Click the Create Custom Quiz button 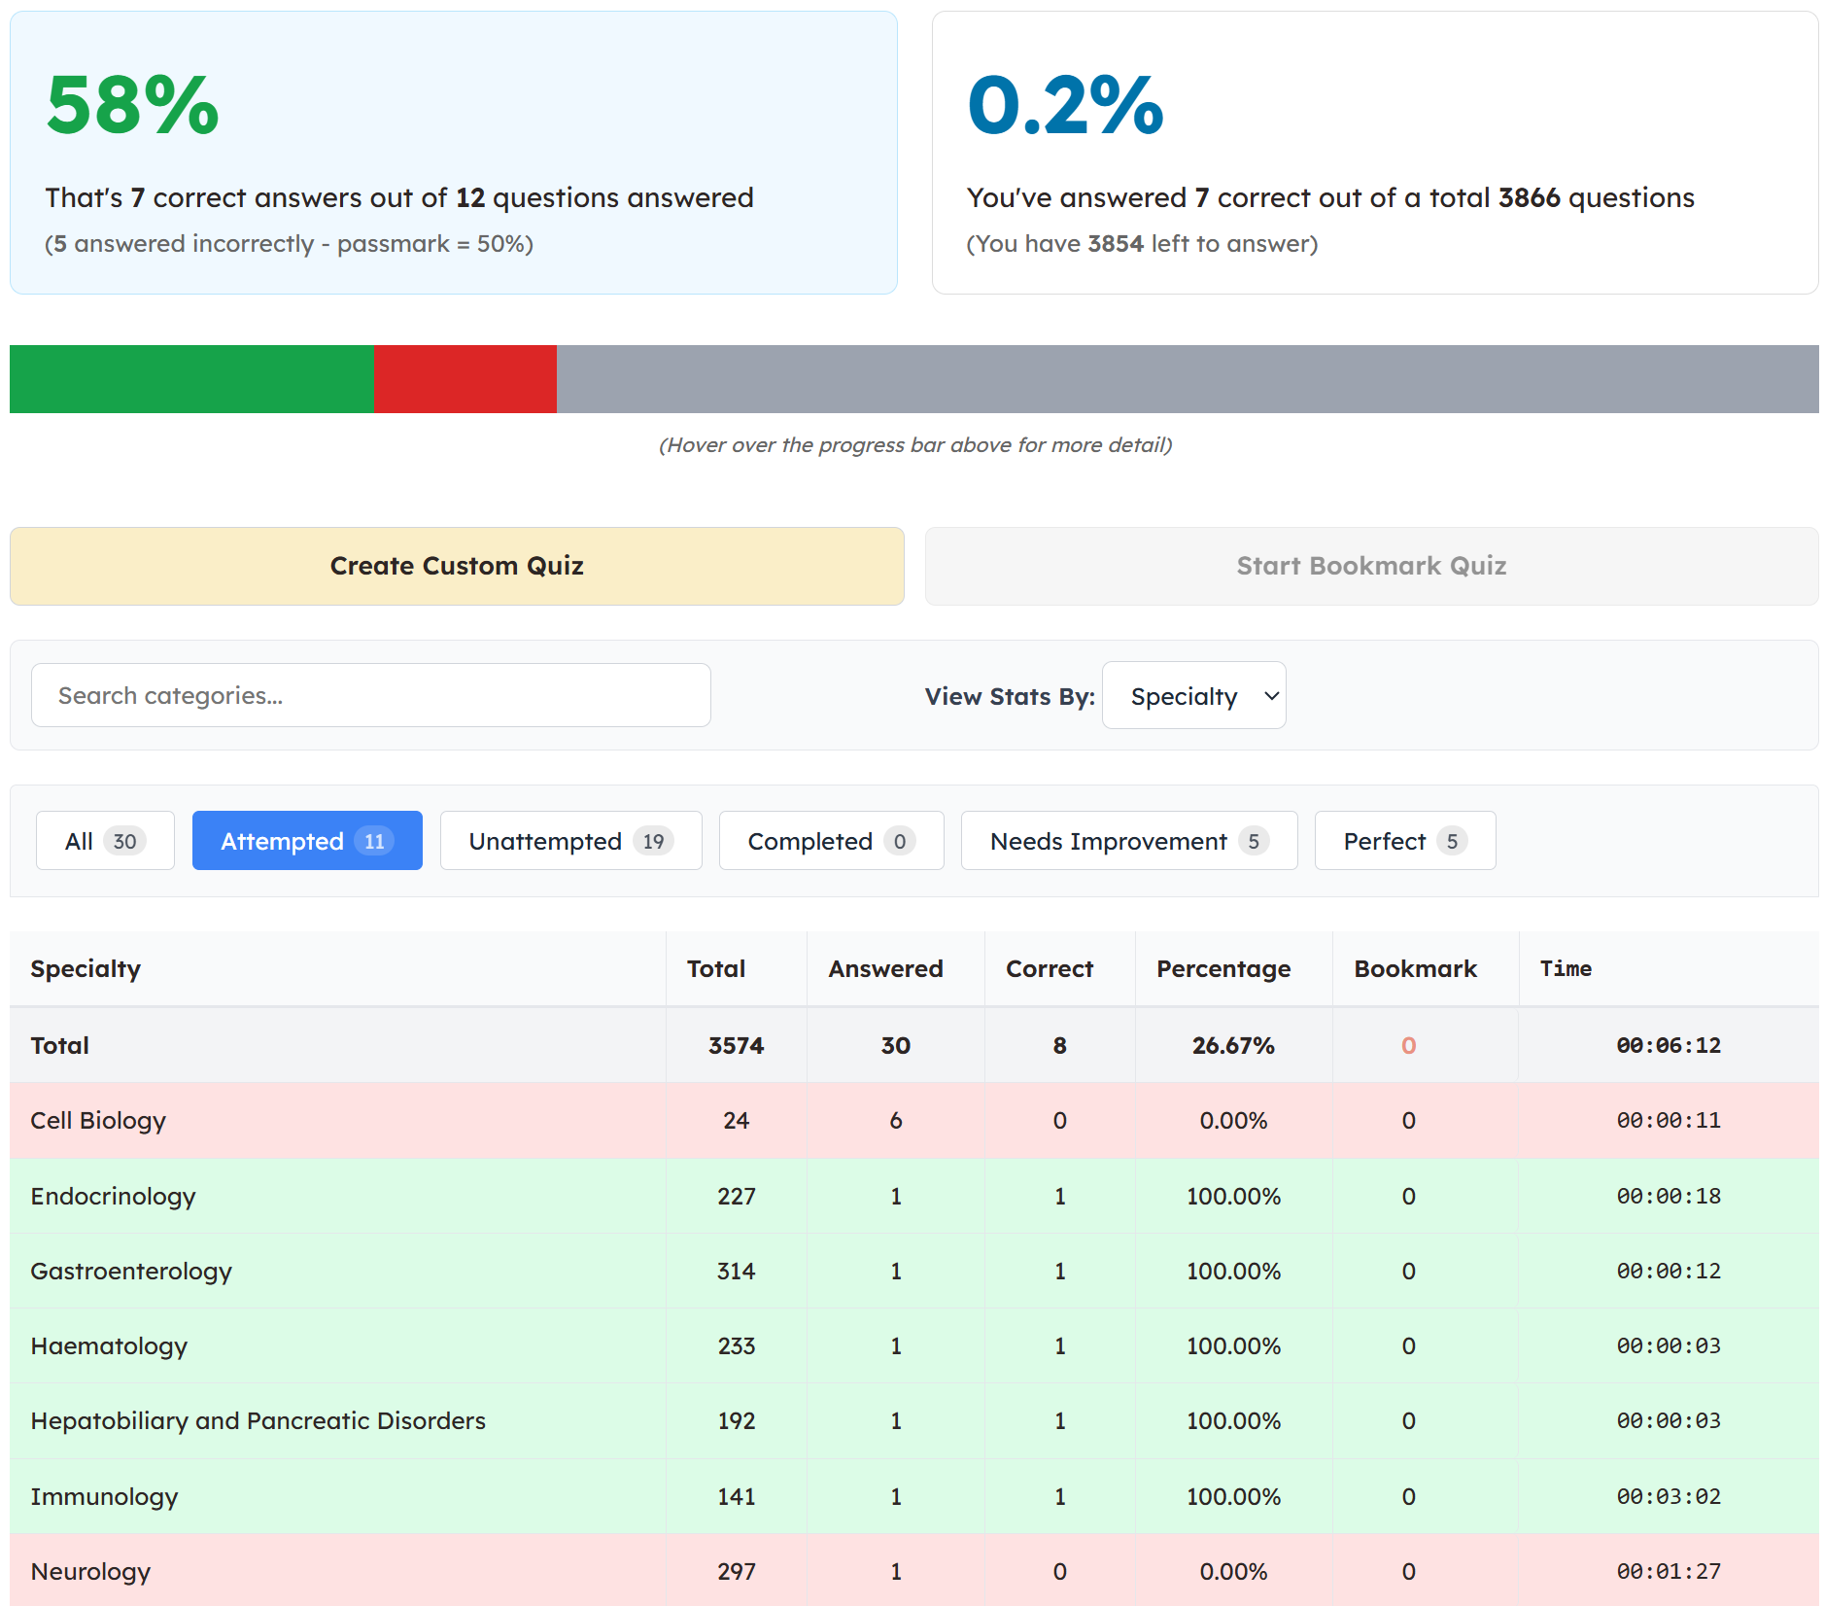pyautogui.click(x=457, y=566)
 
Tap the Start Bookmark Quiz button pyautogui.click(x=1371, y=566)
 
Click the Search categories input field pyautogui.click(x=371, y=695)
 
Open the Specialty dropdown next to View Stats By pyautogui.click(x=1194, y=695)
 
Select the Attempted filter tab pyautogui.click(x=307, y=840)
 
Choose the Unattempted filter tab pyautogui.click(x=571, y=840)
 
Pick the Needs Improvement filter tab pyautogui.click(x=1129, y=840)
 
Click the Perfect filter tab pyautogui.click(x=1405, y=840)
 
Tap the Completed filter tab pyautogui.click(x=832, y=840)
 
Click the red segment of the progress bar pyautogui.click(x=465, y=379)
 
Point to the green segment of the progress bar pyautogui.click(x=191, y=379)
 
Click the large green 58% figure pyautogui.click(x=133, y=105)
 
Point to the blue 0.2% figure pyautogui.click(x=1066, y=105)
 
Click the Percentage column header pyautogui.click(x=1223, y=968)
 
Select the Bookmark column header pyautogui.click(x=1415, y=968)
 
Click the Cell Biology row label pyautogui.click(x=98, y=1121)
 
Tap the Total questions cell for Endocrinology pyautogui.click(x=737, y=1196)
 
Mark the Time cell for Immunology pyautogui.click(x=1669, y=1496)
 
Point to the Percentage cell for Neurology pyautogui.click(x=1233, y=1571)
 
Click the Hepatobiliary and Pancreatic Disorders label pyautogui.click(x=258, y=1420)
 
